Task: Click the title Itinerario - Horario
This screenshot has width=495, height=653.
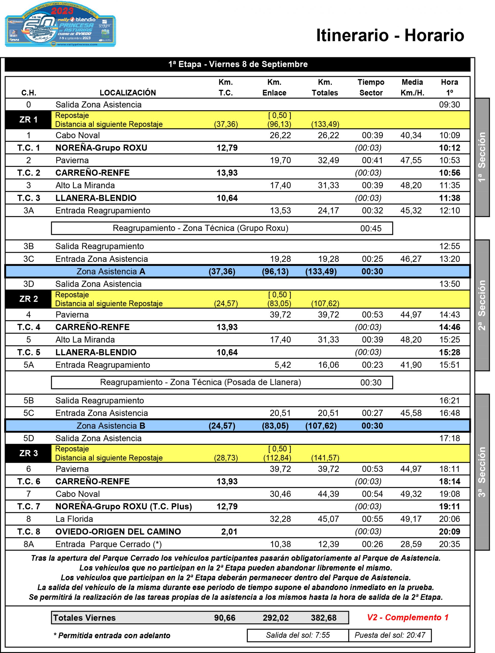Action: point(390,35)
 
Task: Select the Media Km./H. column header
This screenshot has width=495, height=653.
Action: point(412,87)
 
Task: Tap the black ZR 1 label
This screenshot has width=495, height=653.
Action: point(28,120)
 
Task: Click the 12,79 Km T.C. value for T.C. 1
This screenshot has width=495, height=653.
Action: point(227,148)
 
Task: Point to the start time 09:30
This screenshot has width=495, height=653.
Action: point(449,105)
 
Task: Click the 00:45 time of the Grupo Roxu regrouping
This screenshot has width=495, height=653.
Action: point(371,229)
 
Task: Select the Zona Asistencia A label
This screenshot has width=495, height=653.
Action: point(111,272)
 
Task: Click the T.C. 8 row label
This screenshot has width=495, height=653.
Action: point(29,532)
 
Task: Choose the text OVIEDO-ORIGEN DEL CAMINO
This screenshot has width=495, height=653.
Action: point(118,532)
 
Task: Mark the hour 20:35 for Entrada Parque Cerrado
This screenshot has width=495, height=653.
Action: point(449,544)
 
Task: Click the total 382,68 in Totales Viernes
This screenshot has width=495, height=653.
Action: point(323,618)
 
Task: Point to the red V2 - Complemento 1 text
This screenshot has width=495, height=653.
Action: point(407,617)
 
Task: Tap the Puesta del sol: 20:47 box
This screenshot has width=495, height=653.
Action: point(390,635)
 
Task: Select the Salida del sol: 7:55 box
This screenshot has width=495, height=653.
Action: point(298,635)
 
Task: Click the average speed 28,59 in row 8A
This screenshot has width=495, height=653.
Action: point(411,544)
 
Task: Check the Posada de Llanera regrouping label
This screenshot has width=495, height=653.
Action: point(200,382)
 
